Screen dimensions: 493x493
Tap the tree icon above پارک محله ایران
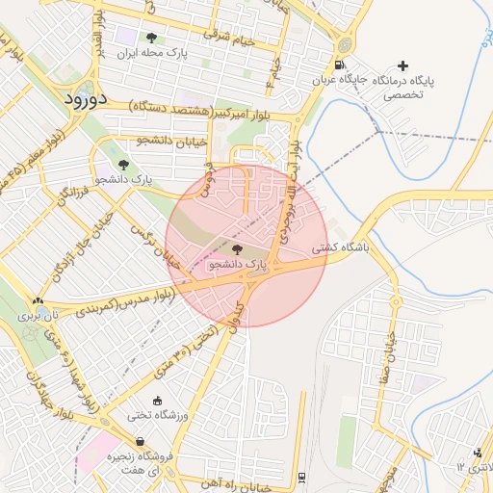click(151, 39)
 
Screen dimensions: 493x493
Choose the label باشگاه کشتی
click(339, 248)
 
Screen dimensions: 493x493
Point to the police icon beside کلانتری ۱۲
click(479, 454)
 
